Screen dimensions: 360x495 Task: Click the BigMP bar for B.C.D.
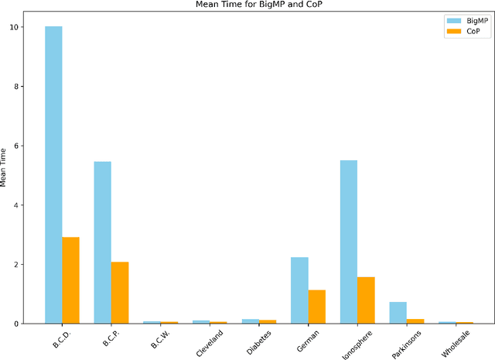click(x=53, y=174)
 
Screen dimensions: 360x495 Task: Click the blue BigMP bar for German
click(x=299, y=290)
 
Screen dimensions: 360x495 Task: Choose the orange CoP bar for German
click(x=317, y=307)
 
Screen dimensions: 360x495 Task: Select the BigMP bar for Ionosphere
click(x=349, y=242)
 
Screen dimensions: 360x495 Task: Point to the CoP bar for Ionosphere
click(x=366, y=300)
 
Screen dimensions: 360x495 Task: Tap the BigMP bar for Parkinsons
click(x=398, y=312)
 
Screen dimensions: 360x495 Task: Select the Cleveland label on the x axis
click(x=206, y=342)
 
